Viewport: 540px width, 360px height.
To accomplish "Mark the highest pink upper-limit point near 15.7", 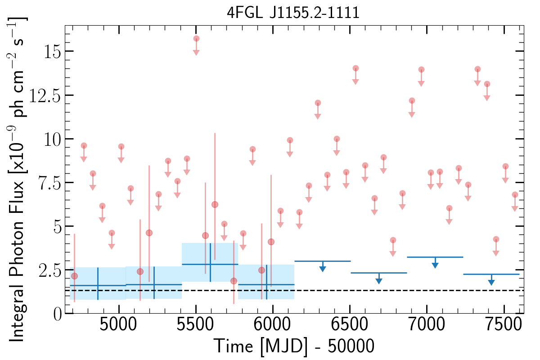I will (x=196, y=39).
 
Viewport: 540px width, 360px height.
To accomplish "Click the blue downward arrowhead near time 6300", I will (x=323, y=269).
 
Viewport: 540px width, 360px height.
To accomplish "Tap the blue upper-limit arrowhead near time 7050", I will (x=435, y=265).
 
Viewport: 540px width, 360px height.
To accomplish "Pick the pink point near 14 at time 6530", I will (x=355, y=68).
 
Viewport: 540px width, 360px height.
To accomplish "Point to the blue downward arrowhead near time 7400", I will (x=491, y=282).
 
